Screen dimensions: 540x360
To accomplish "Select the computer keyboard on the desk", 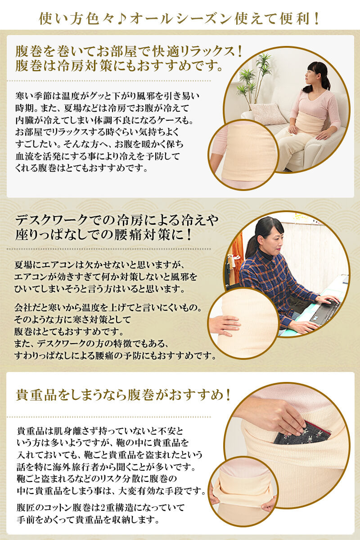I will click(325, 311).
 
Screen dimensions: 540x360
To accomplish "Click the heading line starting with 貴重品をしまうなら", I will click(124, 395).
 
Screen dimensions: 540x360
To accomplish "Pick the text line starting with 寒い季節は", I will click(107, 96).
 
